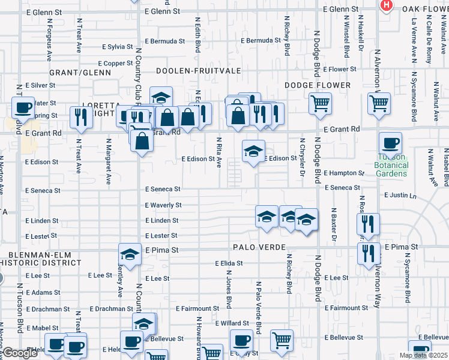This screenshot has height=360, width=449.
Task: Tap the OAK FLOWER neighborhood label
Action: [x=425, y=9]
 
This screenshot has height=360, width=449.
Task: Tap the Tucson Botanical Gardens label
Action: [x=391, y=165]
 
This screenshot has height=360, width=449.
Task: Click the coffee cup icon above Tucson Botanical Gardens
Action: [x=390, y=143]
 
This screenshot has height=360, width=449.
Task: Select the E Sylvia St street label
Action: [x=117, y=46]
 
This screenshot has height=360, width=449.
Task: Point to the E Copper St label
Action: [x=113, y=63]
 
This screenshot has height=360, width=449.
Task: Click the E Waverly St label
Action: [x=163, y=205]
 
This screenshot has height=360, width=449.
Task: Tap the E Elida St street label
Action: [x=229, y=263]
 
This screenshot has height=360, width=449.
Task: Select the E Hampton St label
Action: [x=344, y=173]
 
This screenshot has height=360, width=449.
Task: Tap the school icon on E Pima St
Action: [x=130, y=256]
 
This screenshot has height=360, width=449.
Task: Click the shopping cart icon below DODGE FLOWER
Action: [x=320, y=103]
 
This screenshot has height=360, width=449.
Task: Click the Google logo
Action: [x=20, y=353]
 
